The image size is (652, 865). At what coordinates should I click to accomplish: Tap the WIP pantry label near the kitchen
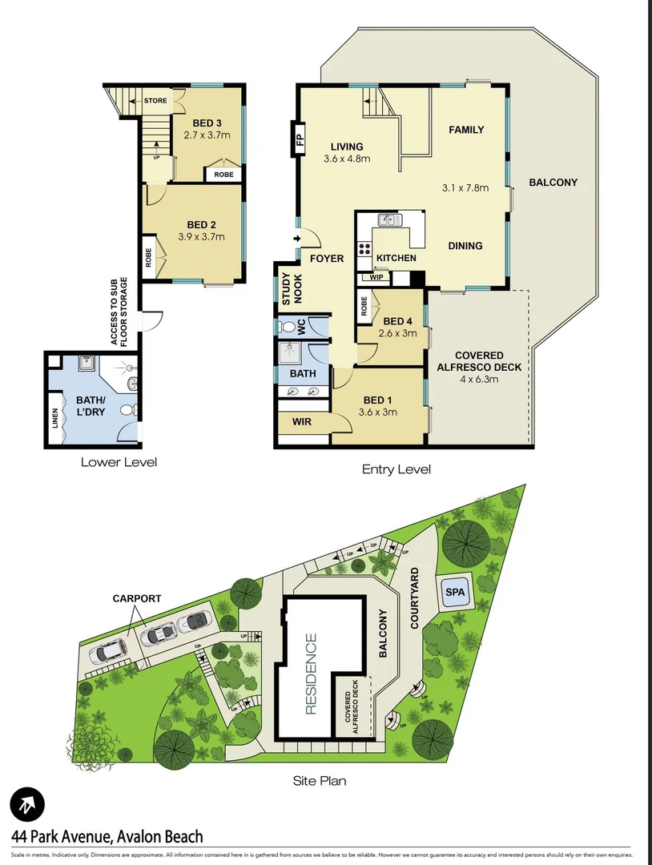(376, 277)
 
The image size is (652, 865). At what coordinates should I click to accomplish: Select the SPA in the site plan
(454, 593)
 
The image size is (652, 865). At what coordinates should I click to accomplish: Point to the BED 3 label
(207, 123)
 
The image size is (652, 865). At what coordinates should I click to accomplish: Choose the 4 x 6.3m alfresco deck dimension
(478, 380)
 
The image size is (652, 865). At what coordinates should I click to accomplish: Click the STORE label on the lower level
(155, 101)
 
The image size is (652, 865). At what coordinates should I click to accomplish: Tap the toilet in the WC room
(288, 327)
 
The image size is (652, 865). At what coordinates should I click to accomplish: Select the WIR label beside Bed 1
(302, 422)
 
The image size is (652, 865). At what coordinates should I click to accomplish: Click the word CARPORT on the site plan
(137, 598)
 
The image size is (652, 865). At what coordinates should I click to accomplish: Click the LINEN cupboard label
(55, 417)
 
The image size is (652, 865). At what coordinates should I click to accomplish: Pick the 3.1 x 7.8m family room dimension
(466, 188)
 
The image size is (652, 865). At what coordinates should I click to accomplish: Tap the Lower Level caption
(119, 461)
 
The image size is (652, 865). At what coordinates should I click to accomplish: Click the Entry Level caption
(396, 469)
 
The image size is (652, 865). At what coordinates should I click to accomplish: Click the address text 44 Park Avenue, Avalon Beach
(107, 837)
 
